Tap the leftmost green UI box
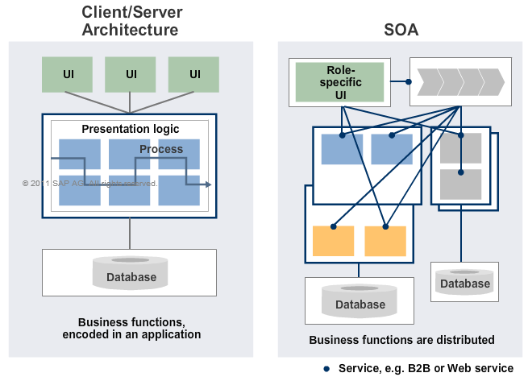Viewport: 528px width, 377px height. point(68,74)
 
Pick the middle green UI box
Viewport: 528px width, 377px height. point(131,74)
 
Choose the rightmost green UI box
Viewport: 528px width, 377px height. point(194,74)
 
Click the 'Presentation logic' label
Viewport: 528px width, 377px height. point(131,129)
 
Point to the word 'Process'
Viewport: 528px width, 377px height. point(161,149)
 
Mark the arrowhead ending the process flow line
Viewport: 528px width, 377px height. point(208,185)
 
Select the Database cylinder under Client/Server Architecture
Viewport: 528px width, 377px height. point(130,274)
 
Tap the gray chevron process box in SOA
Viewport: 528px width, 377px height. point(458,81)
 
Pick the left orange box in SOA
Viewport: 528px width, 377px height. point(333,241)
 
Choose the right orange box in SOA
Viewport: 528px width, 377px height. point(385,241)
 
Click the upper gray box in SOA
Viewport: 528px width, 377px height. point(460,148)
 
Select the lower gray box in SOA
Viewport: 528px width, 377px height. point(460,184)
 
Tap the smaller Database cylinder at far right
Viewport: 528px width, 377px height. point(464,280)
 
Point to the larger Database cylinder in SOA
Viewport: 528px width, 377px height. point(360,300)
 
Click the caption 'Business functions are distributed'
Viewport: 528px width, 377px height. point(401,339)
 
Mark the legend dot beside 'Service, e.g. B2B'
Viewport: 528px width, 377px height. point(326,368)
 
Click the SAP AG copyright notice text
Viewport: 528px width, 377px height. point(89,184)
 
